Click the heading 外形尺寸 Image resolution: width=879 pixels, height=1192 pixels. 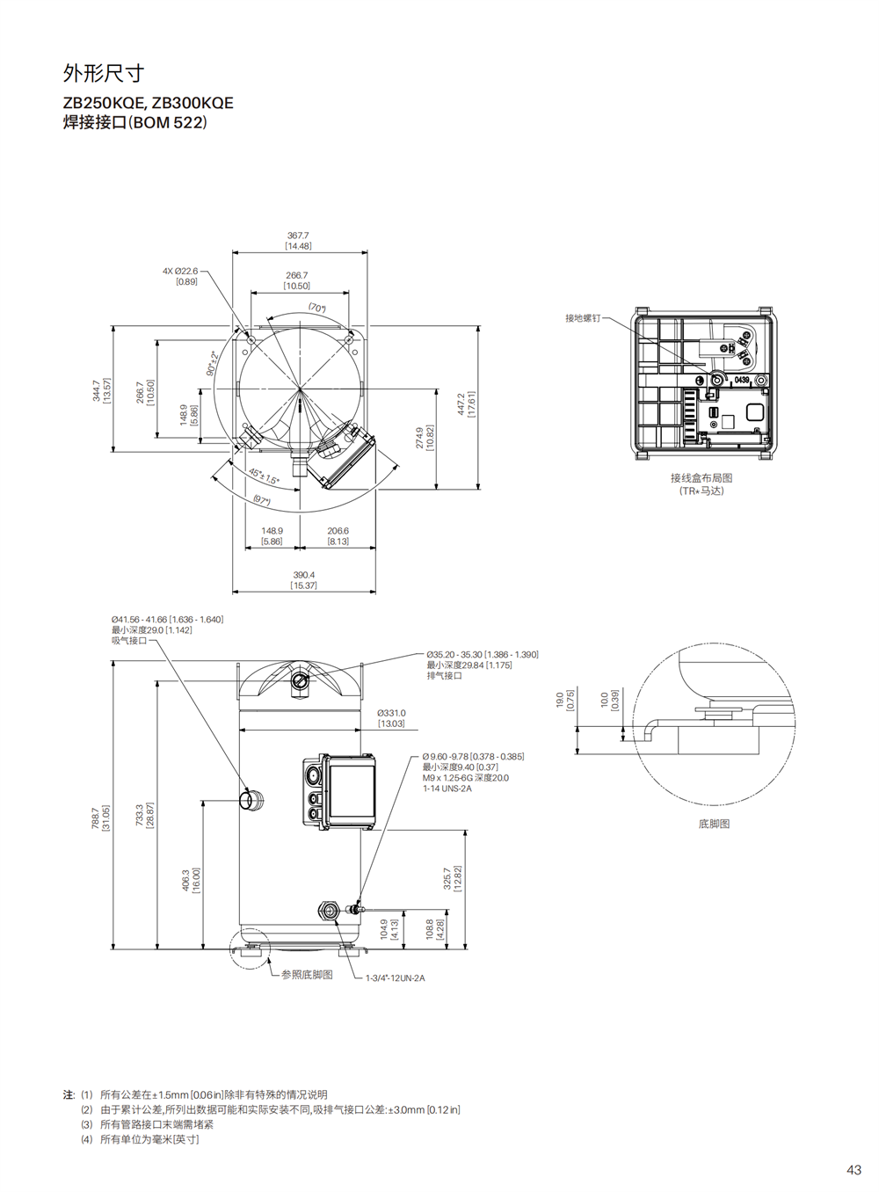[x=104, y=73]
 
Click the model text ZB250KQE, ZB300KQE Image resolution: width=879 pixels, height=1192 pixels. [x=149, y=103]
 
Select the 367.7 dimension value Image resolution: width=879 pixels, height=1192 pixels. [x=298, y=236]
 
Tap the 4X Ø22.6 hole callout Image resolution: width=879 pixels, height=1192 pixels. [x=180, y=271]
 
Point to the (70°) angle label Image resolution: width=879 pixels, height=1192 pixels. [x=317, y=308]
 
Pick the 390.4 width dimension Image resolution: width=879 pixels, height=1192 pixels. [x=304, y=575]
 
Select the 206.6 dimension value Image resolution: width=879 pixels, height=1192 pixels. [x=338, y=531]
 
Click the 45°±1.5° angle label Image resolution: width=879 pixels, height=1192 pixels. [x=264, y=476]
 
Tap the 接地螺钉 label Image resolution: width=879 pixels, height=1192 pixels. [x=583, y=318]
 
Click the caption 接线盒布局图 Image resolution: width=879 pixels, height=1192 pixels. [x=701, y=478]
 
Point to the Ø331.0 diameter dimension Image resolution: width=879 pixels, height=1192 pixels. [x=392, y=713]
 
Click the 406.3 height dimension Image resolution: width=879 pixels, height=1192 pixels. [x=185, y=880]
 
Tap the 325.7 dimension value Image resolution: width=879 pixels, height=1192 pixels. [x=447, y=878]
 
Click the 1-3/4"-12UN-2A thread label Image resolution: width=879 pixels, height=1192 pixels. [x=396, y=978]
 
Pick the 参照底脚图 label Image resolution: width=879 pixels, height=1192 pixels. [x=307, y=974]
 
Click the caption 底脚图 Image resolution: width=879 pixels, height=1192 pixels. [x=714, y=824]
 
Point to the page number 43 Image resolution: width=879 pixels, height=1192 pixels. [x=854, y=1170]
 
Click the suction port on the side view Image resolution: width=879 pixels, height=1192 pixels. [x=251, y=799]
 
